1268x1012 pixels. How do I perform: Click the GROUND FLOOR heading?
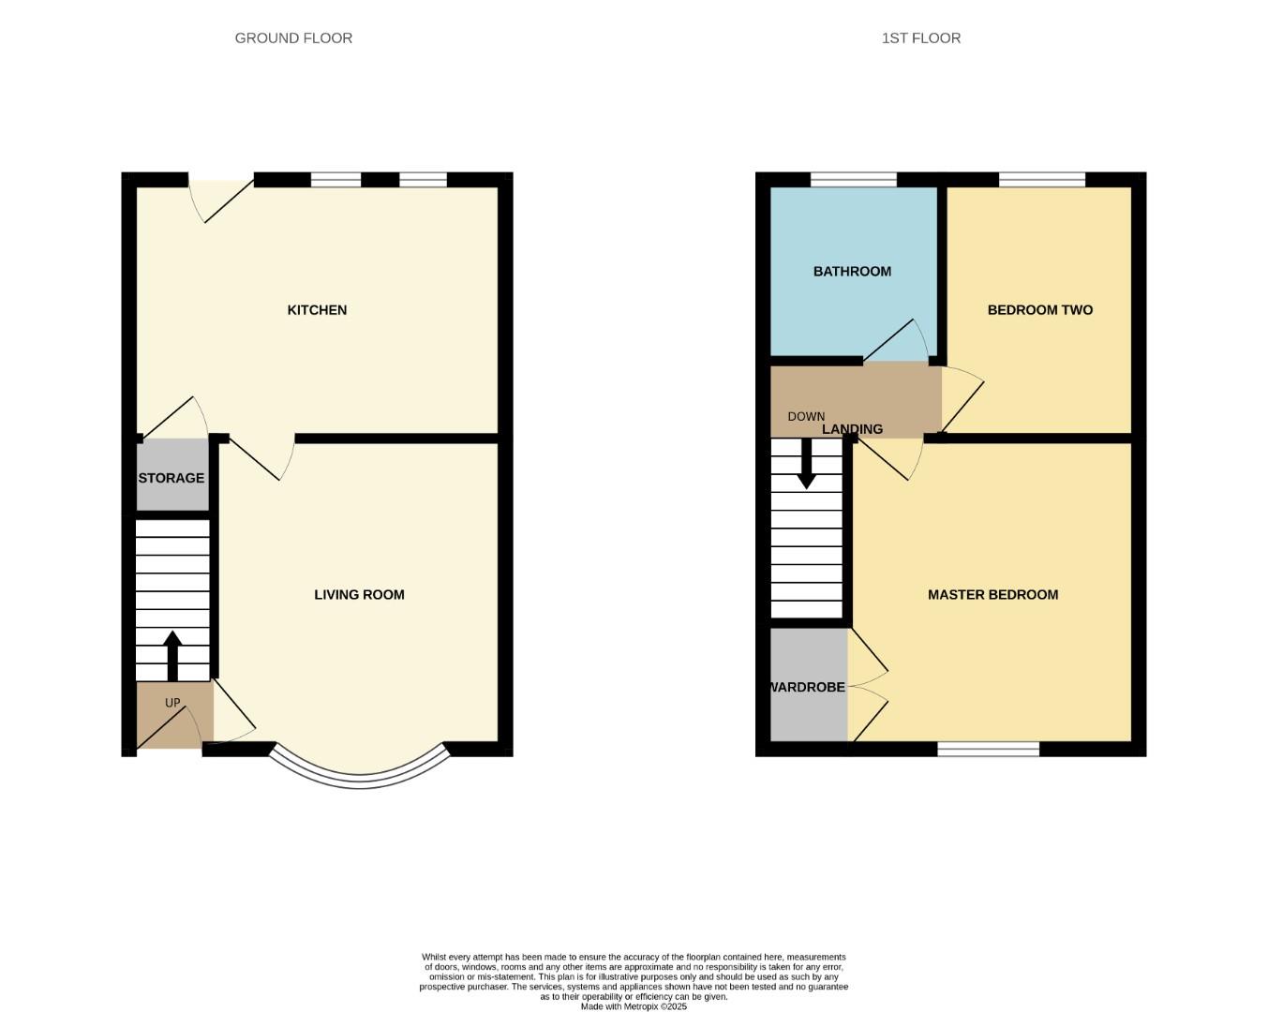[x=293, y=38]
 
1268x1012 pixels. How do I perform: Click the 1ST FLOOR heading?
[x=920, y=38]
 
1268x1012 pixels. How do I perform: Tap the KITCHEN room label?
[x=317, y=310]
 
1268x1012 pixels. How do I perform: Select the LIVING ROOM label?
[x=359, y=595]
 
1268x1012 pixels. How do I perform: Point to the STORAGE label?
[x=172, y=478]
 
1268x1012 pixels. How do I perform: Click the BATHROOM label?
[x=852, y=272]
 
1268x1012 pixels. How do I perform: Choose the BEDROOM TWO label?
[x=1039, y=310]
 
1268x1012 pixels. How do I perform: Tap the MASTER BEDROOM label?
[x=992, y=595]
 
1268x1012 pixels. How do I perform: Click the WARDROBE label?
[x=808, y=687]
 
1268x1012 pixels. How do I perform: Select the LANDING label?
[x=852, y=429]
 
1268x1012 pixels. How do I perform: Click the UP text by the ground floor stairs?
[x=172, y=703]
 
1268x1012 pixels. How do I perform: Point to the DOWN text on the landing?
[x=806, y=417]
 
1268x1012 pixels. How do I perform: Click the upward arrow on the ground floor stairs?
[x=172, y=655]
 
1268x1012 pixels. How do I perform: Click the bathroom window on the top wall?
[x=853, y=180]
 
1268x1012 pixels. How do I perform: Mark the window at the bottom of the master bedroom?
[x=989, y=749]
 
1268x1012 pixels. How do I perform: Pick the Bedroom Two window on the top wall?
[x=1041, y=180]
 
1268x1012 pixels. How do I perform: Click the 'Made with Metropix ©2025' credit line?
[x=634, y=1006]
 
